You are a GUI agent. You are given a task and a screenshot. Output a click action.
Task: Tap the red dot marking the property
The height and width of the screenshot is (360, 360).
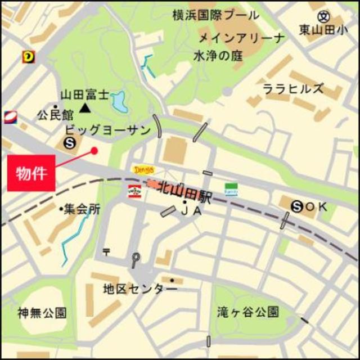(x=94, y=150)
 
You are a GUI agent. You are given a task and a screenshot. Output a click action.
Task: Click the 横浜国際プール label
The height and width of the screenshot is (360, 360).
(x=216, y=15)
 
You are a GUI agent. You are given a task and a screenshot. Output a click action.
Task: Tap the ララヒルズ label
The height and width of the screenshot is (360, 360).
(x=293, y=89)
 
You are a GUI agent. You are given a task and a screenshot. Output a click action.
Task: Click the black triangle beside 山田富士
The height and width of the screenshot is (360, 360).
(x=85, y=107)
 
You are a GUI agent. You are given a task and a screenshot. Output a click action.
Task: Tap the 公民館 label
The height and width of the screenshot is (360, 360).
(x=55, y=115)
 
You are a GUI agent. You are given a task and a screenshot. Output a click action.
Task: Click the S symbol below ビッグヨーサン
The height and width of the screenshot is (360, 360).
(x=70, y=143)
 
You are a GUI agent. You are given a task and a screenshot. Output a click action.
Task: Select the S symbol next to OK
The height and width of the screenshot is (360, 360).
(x=298, y=206)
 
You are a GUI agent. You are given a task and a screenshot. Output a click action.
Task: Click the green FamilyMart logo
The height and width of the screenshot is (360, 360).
(x=231, y=189)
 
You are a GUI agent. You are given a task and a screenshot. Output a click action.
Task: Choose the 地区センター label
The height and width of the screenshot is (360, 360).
(x=140, y=289)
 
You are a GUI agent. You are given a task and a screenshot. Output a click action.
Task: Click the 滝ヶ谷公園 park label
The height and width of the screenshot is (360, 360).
(x=248, y=311)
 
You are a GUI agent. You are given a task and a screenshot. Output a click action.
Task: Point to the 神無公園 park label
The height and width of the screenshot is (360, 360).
(x=42, y=312)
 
